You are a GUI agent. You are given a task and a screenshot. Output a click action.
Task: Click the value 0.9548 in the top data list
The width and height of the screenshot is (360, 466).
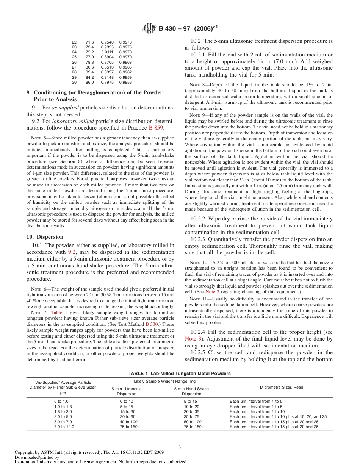coord(107,42)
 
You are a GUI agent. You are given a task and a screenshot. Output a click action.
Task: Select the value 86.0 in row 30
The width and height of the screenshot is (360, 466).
coord(89,82)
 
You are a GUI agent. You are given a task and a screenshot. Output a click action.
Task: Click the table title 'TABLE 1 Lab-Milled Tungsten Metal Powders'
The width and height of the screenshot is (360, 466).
coord(179,373)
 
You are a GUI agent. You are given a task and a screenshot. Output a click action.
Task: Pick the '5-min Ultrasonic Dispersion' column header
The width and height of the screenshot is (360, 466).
coord(127,391)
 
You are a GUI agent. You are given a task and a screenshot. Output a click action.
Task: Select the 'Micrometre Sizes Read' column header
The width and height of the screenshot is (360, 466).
coord(281,387)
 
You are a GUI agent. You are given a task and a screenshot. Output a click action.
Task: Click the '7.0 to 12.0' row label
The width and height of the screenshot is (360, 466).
coord(64,427)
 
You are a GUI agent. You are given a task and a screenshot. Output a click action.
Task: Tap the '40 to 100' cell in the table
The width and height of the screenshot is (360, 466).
coord(128,422)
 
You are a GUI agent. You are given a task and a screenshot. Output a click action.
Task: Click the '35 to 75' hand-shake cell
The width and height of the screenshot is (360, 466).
coord(193,416)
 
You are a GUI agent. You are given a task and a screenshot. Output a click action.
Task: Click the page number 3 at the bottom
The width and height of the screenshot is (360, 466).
coord(180,447)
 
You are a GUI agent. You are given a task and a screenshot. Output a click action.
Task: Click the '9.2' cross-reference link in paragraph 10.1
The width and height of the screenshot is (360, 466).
coord(72,252)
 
